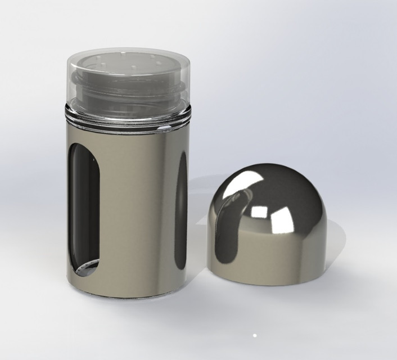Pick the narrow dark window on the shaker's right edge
pyautogui.click(x=182, y=214)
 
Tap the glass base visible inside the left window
pyautogui.click(x=88, y=269)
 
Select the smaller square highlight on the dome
pyautogui.click(x=260, y=212)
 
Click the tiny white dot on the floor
pyautogui.click(x=255, y=336)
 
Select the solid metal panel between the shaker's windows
pyautogui.click(x=138, y=214)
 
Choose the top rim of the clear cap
pyautogui.click(x=128, y=51)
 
